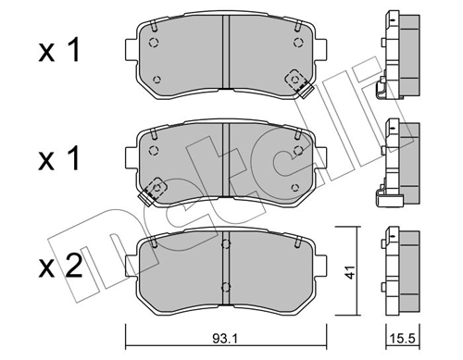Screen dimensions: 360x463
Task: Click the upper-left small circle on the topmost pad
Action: [155, 42]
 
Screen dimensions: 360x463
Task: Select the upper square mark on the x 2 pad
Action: [225, 247]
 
